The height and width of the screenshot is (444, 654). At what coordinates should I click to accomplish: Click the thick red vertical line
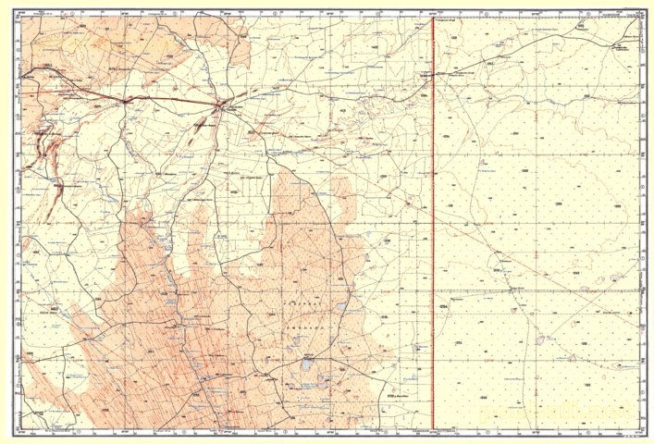[x=434, y=231]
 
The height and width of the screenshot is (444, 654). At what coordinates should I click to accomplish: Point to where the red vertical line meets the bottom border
[x=434, y=430]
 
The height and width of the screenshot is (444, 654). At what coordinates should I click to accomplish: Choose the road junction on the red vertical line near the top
[x=434, y=75]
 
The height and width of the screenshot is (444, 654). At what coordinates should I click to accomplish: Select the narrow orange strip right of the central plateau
[x=343, y=199]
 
